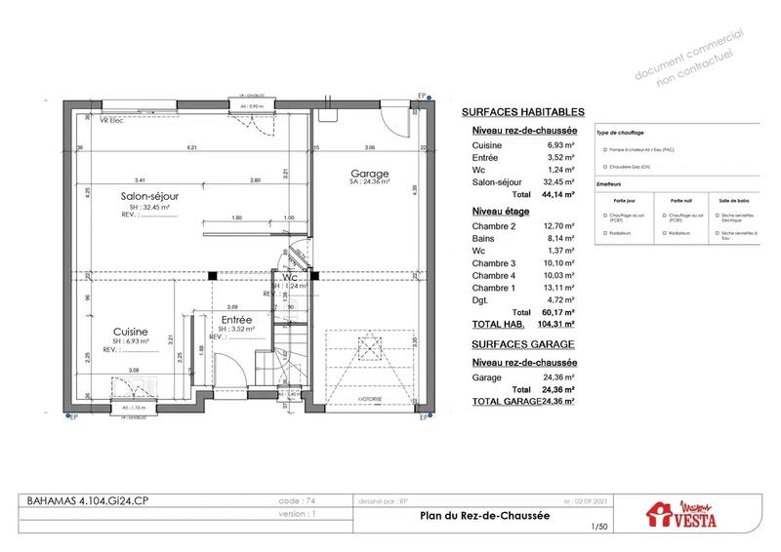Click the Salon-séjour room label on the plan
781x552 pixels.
coord(145,196)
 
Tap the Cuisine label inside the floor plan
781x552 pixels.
coord(129,331)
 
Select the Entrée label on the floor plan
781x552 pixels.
coord(236,319)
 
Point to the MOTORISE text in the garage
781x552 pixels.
coord(368,399)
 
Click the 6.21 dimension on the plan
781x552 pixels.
coord(193,147)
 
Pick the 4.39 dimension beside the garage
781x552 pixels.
coord(414,188)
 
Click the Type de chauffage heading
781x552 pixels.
coord(622,132)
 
